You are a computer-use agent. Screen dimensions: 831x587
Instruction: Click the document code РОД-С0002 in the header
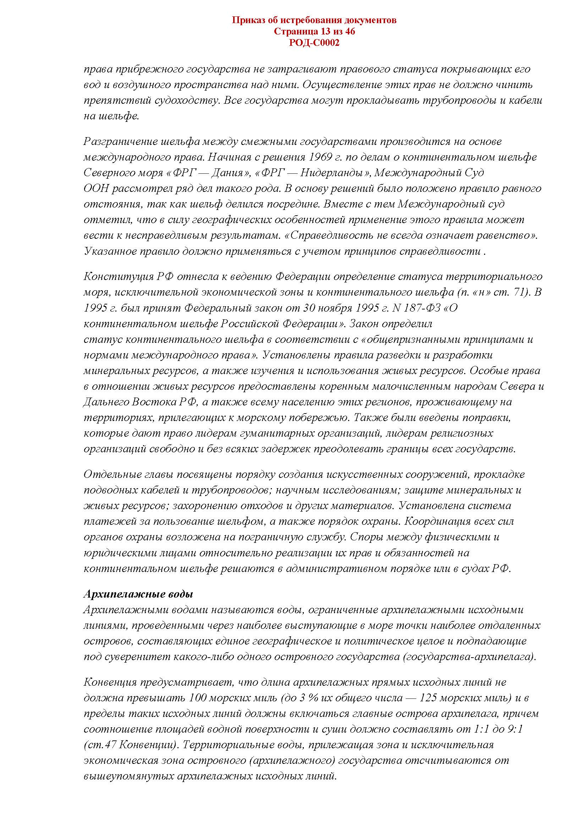point(314,43)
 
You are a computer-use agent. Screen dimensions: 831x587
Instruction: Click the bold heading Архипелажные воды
point(138,594)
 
